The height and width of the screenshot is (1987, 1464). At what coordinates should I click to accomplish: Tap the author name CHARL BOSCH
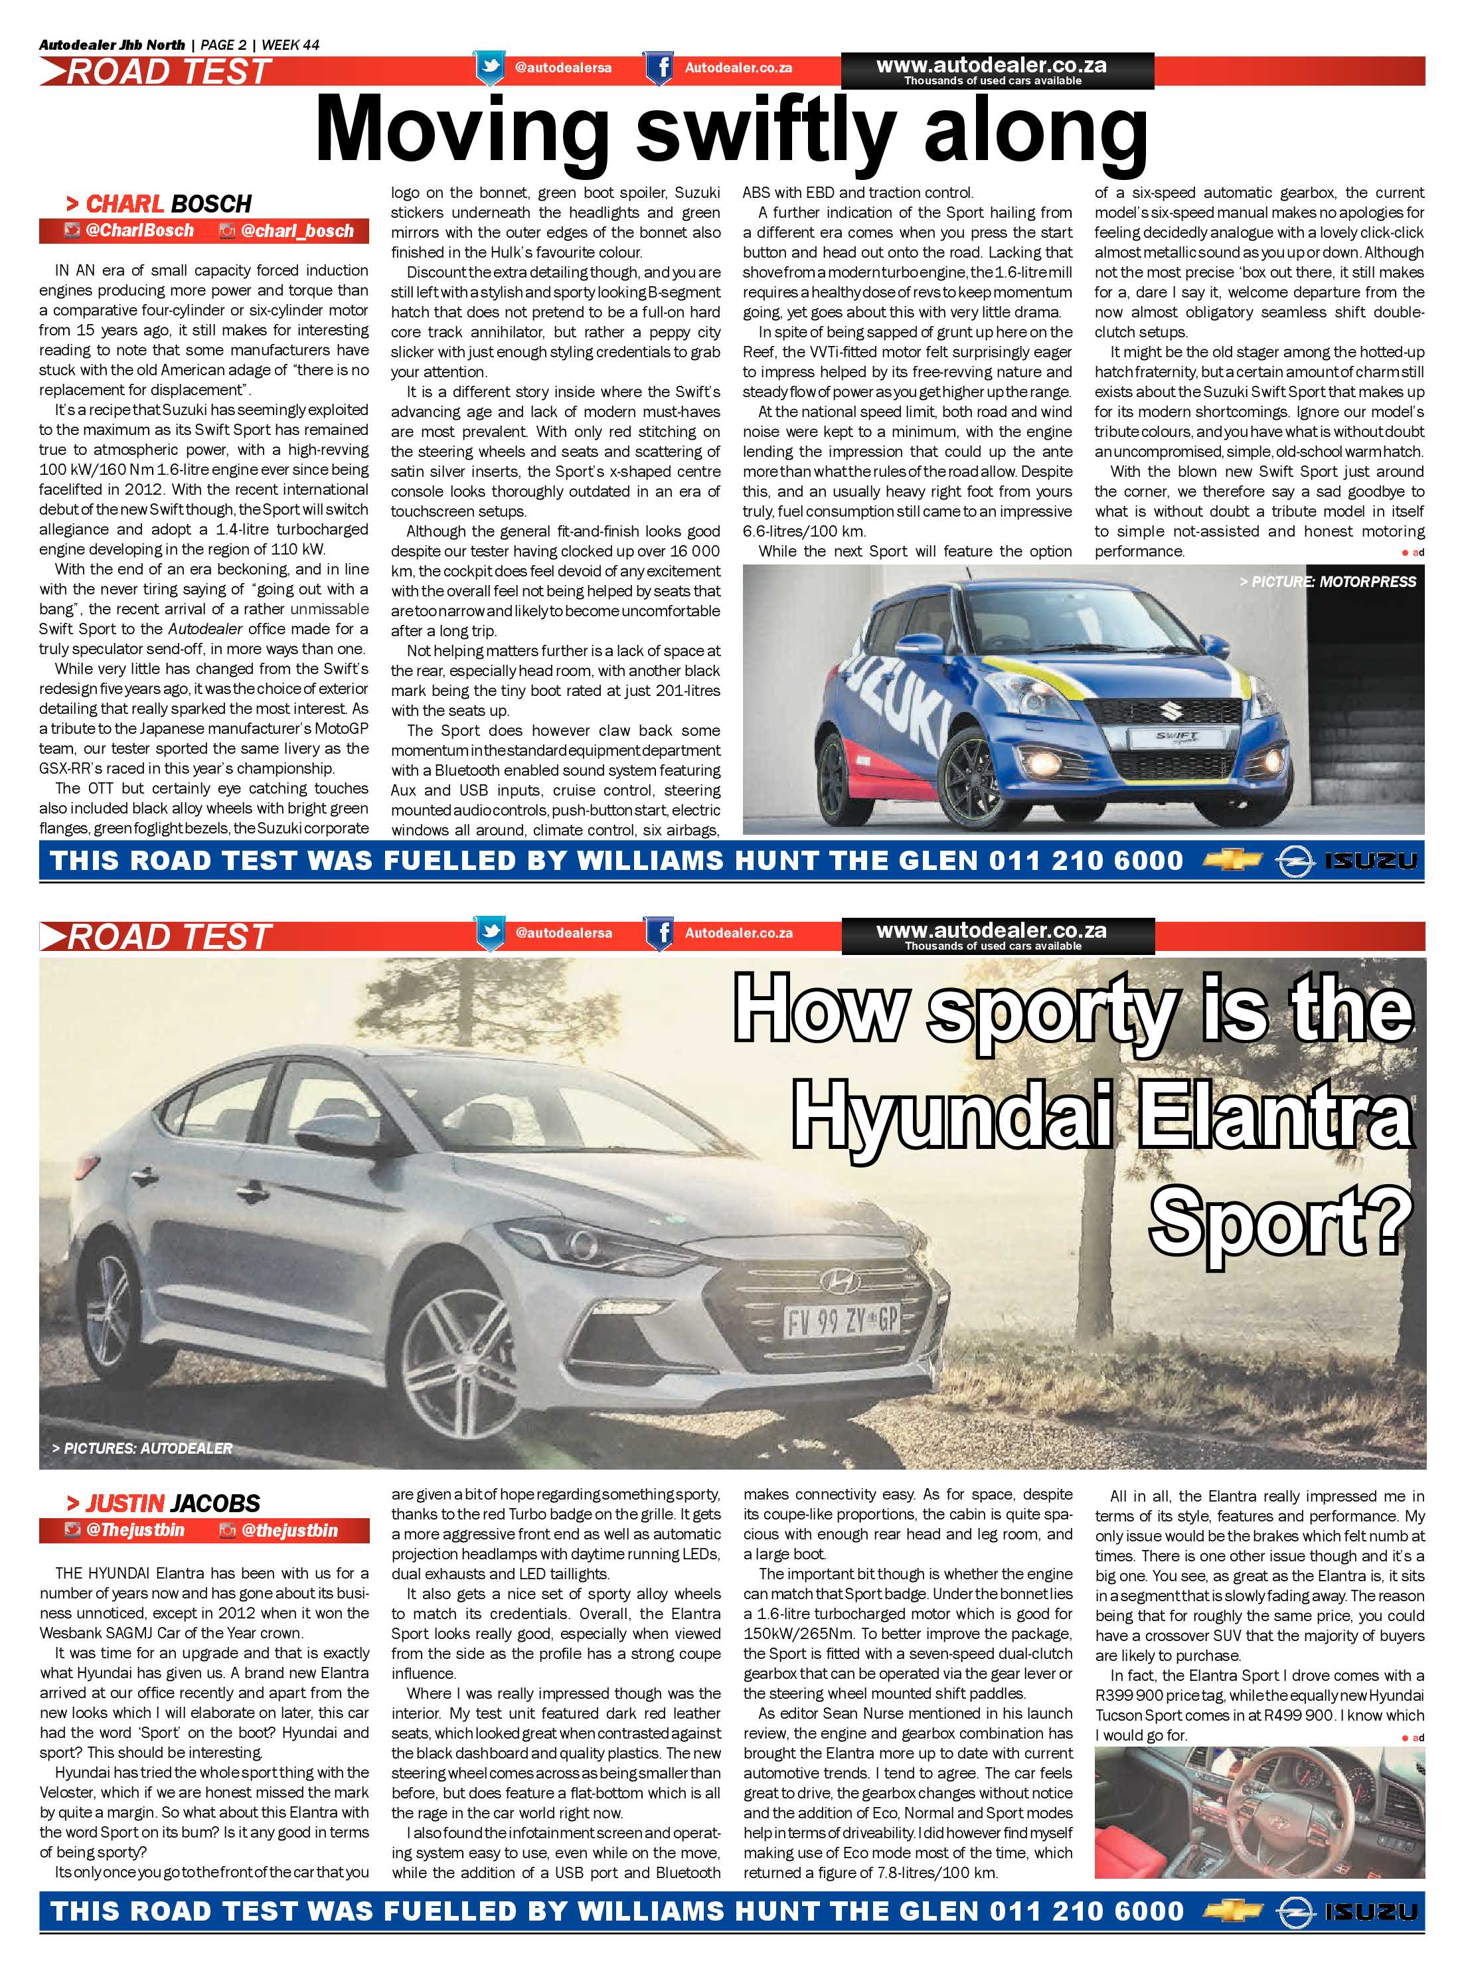pos(167,204)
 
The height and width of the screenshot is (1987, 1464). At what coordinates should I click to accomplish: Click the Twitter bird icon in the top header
pos(489,67)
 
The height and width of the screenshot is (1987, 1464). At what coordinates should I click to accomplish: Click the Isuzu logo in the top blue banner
pos(1371,861)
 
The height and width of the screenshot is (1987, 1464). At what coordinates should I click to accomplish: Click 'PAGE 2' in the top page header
pos(223,44)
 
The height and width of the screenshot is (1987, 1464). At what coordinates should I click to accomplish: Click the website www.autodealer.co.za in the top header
pos(991,64)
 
